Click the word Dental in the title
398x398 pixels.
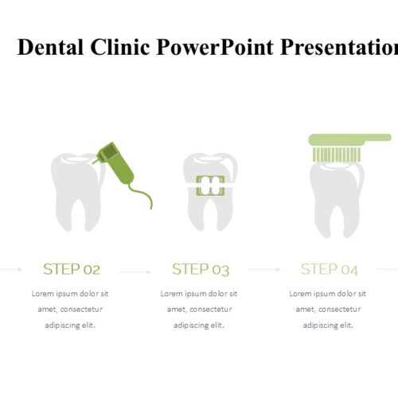[50, 47]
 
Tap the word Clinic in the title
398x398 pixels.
[120, 47]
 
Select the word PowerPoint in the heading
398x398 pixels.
[215, 47]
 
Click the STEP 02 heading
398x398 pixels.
[72, 269]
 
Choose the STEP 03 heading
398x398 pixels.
[201, 269]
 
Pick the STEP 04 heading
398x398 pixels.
[330, 269]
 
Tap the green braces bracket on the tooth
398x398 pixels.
[210, 185]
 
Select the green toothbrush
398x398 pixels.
[349, 147]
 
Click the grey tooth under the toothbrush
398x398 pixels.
[337, 199]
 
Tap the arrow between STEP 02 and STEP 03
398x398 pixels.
[135, 272]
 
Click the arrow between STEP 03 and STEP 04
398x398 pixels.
[264, 270]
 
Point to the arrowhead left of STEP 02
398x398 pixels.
[20, 270]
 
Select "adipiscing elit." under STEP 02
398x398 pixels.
[70, 326]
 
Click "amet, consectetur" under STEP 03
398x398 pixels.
[199, 310]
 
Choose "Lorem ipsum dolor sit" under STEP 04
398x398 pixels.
[327, 294]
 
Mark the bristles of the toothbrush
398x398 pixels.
[337, 154]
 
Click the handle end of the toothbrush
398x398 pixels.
[388, 138]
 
